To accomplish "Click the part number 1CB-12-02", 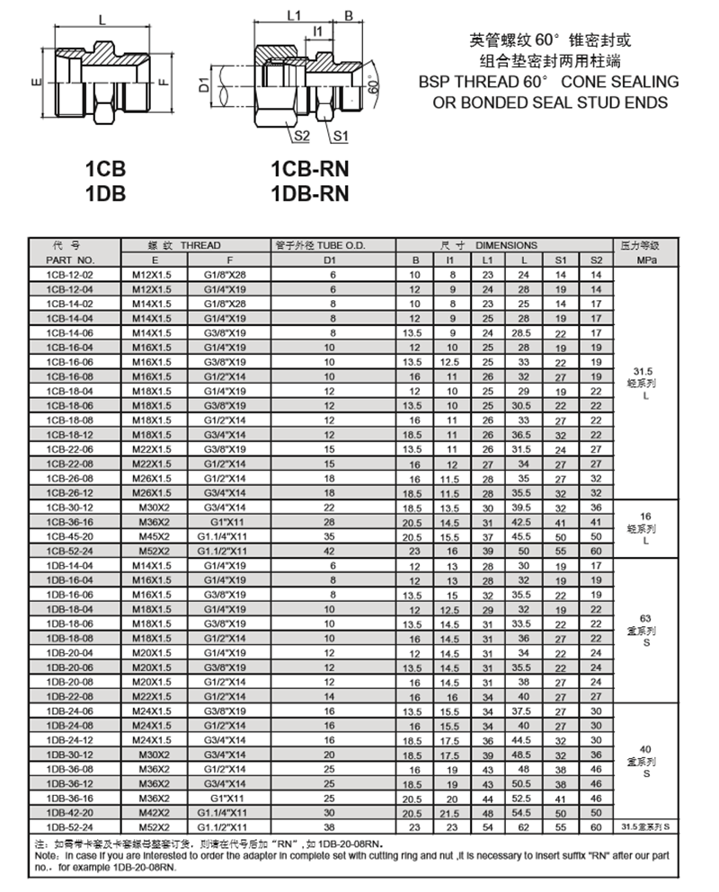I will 69,275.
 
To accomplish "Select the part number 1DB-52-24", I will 69,825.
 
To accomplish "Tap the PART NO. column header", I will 69,260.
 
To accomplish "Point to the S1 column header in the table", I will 560,260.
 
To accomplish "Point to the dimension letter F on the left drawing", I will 162,83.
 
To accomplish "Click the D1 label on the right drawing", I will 206,85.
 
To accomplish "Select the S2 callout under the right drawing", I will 302,137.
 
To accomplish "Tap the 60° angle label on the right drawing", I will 372,87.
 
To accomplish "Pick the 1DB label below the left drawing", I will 105,191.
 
